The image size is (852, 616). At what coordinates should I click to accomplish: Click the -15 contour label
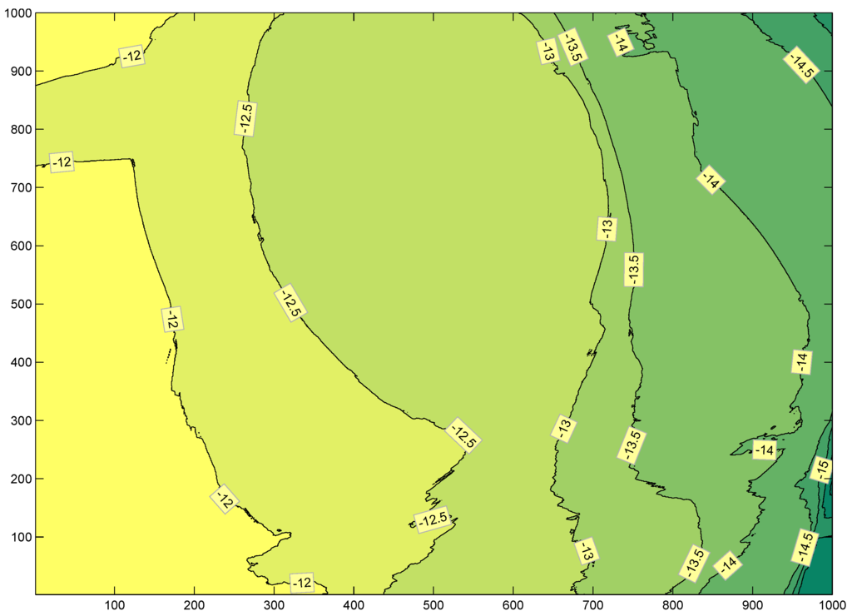(821, 470)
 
